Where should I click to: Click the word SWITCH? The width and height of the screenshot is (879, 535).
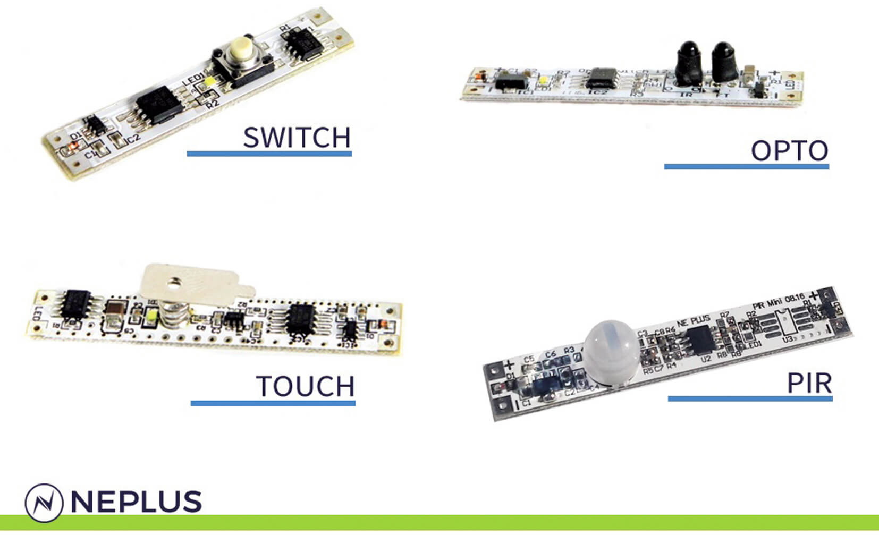click(x=297, y=138)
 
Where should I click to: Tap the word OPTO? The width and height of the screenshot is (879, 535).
click(x=789, y=151)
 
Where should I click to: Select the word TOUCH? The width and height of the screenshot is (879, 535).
click(x=305, y=386)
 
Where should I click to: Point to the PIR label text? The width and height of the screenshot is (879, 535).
click(x=809, y=384)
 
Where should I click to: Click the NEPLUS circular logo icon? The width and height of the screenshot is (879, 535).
click(x=44, y=502)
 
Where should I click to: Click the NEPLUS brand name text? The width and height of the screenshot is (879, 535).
click(x=136, y=502)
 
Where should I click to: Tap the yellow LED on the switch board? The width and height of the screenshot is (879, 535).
click(x=211, y=82)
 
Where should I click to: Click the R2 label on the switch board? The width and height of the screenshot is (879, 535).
click(x=213, y=104)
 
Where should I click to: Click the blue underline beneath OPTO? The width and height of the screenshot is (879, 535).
click(x=746, y=167)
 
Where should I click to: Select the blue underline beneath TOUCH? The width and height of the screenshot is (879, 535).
click(x=273, y=403)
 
